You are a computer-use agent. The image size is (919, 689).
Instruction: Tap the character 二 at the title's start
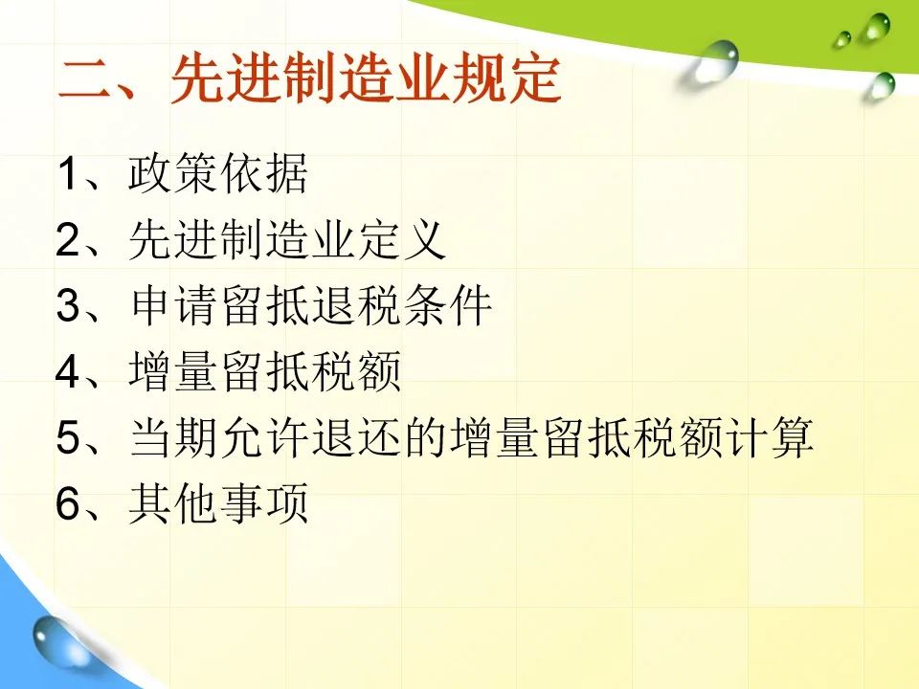click(84, 80)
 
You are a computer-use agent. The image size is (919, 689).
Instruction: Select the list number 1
click(67, 173)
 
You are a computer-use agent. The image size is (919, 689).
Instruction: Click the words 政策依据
click(218, 173)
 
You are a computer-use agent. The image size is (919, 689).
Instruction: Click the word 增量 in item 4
click(172, 371)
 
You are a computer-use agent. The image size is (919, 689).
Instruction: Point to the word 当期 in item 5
click(172, 436)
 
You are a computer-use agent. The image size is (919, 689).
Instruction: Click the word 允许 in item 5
click(264, 436)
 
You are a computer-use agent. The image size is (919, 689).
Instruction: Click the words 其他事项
click(218, 502)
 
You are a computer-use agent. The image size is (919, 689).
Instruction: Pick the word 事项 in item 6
click(264, 502)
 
